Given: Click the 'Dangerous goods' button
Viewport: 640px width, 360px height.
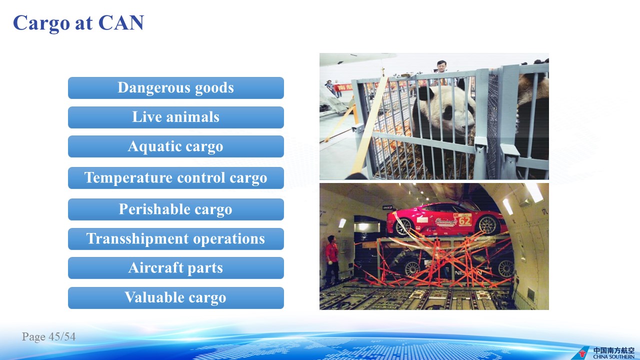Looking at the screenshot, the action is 175,88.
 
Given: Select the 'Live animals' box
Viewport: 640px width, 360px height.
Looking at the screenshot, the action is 175,117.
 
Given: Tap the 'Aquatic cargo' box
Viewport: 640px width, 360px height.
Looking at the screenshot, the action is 175,146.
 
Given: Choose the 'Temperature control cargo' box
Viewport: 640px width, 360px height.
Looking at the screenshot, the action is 175,178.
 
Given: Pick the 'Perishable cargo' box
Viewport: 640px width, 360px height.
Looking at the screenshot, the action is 175,209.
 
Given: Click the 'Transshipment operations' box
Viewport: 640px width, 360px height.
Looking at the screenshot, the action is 175,239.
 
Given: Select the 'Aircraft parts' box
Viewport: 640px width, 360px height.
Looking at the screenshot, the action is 175,268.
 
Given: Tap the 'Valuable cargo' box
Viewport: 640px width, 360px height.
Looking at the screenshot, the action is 175,298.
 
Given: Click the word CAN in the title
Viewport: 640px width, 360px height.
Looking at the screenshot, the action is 121,22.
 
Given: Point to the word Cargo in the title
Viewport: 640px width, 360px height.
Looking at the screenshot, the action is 41,23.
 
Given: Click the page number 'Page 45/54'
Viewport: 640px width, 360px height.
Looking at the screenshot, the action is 48,336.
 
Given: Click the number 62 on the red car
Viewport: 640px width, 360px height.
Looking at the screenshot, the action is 464,221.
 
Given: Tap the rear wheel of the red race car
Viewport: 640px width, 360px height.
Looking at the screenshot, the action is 403,226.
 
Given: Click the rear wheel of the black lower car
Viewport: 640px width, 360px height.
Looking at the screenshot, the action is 411,269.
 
